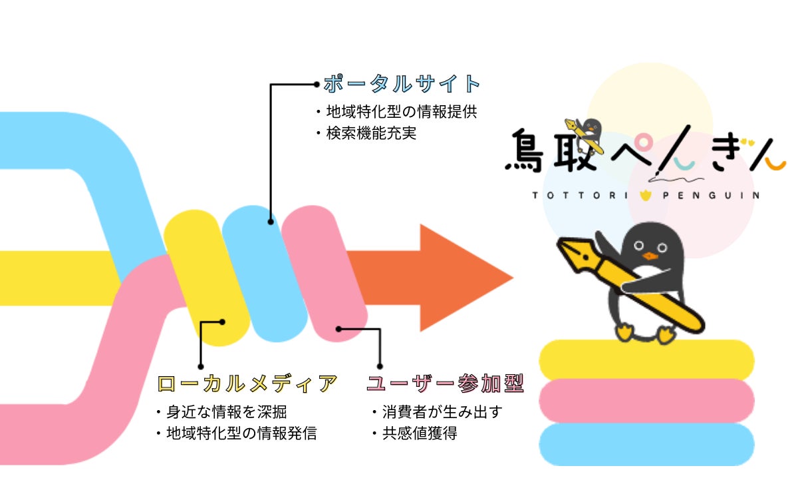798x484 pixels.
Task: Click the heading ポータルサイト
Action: click(402, 84)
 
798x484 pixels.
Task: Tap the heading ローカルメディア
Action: click(247, 384)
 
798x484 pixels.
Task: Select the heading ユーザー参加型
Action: click(445, 384)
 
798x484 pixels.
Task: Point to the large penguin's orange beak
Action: click(648, 255)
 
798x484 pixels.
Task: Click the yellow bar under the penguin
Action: click(646, 360)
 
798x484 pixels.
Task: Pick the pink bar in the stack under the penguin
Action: click(646, 399)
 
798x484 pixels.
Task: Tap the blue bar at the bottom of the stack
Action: click(646, 443)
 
